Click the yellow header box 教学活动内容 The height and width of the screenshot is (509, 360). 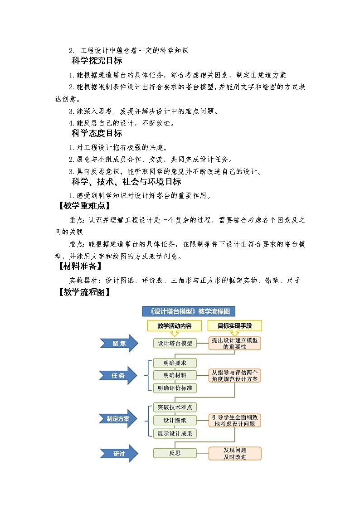click(x=175, y=326)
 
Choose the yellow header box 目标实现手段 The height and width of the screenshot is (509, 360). click(x=234, y=326)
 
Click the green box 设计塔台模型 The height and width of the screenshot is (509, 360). click(x=175, y=343)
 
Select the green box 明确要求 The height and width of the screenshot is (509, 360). click(x=175, y=363)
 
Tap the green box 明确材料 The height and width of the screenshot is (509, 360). click(x=175, y=375)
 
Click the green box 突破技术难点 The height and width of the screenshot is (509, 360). click(x=175, y=407)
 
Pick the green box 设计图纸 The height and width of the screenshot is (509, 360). click(x=175, y=420)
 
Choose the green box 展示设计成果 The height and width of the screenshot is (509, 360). click(x=175, y=433)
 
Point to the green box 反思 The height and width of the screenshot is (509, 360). click(x=175, y=453)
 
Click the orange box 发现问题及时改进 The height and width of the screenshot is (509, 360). click(x=235, y=453)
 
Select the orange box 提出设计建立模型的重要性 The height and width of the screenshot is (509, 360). click(x=235, y=343)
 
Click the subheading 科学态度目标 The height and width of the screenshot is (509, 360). click(x=97, y=133)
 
